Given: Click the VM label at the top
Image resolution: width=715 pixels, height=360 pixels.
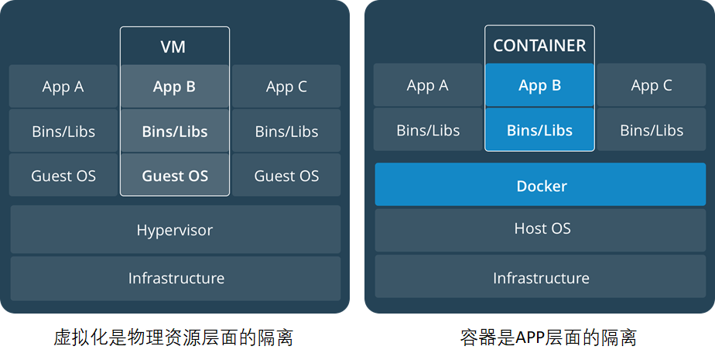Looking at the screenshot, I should (174, 47).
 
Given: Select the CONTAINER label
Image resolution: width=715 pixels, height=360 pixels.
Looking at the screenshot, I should (539, 46).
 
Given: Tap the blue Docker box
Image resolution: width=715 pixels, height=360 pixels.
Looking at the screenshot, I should (540, 186).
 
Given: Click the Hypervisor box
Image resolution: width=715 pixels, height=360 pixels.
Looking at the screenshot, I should (175, 230).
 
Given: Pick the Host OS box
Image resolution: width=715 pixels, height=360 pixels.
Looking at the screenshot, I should (540, 229).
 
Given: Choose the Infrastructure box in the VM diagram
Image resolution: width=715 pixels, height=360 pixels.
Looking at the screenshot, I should (175, 278).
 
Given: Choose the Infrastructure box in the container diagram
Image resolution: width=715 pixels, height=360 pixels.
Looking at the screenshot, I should (540, 278).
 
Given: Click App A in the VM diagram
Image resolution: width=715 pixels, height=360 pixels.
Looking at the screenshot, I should (63, 87).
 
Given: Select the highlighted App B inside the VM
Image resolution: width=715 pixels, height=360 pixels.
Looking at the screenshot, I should (174, 87).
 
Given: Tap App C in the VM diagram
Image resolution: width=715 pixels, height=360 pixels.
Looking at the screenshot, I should (286, 87).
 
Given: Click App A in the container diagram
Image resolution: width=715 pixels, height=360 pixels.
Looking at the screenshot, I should (428, 86).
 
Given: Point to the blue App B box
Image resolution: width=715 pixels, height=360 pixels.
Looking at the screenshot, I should (539, 86).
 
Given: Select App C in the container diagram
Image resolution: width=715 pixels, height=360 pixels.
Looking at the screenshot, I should (652, 86).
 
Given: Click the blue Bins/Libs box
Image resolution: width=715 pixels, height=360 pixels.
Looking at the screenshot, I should (539, 130).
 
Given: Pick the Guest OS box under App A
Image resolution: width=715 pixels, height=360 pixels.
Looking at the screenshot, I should (63, 176).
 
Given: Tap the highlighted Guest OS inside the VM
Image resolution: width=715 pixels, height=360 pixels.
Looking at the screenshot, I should (174, 176).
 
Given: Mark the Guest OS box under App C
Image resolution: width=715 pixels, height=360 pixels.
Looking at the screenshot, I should (286, 176).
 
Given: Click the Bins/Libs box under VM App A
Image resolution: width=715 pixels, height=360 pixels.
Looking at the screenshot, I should (63, 132).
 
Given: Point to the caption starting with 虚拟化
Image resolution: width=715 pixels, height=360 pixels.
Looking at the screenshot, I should (173, 338).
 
